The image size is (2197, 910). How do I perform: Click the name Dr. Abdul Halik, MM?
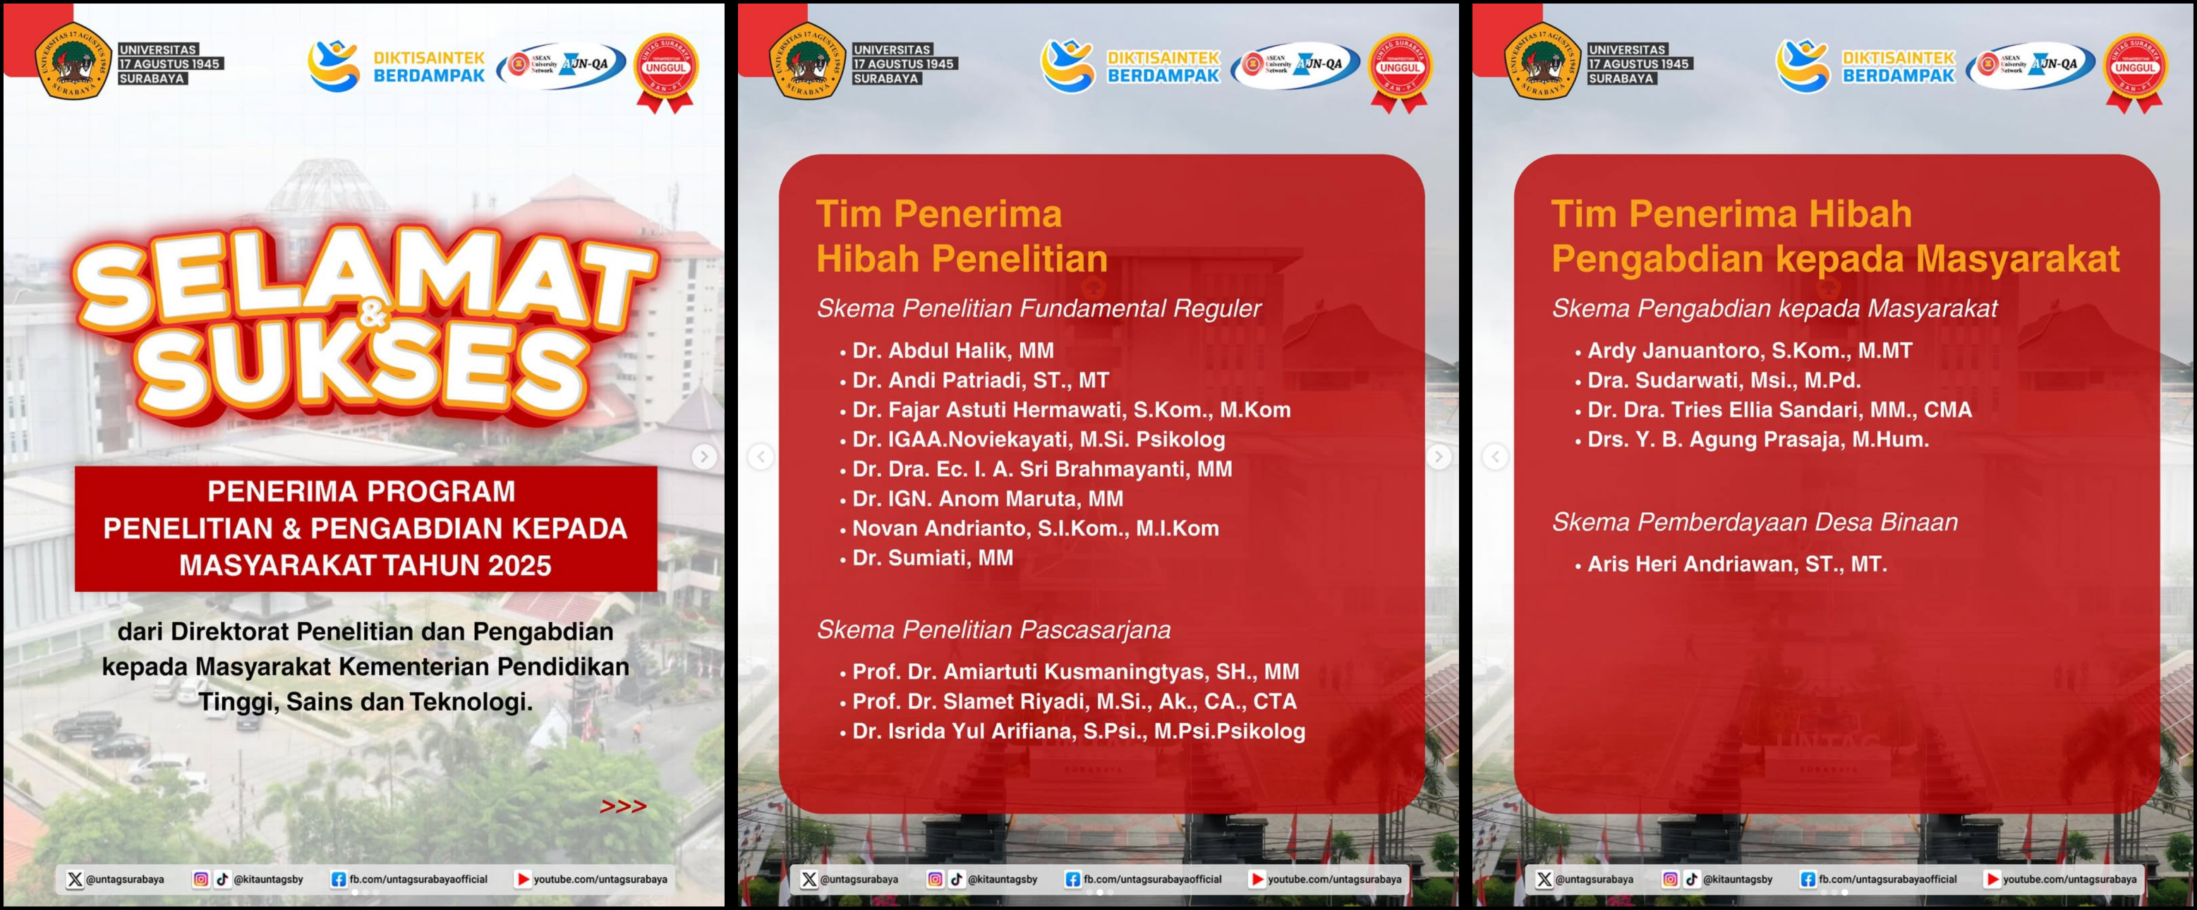tap(952, 351)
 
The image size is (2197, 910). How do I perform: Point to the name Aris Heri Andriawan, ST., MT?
tap(1736, 564)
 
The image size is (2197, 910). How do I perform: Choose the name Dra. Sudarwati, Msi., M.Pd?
tap(1723, 380)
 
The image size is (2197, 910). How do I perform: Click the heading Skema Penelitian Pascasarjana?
tap(993, 629)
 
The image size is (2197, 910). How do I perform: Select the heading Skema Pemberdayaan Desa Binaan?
tap(1755, 522)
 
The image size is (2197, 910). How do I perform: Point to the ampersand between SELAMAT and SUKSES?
tap(373, 317)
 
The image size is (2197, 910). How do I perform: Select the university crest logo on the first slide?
tap(73, 61)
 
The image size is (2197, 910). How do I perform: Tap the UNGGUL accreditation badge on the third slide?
tap(2135, 68)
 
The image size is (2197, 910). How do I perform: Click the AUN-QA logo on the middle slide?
tap(1295, 65)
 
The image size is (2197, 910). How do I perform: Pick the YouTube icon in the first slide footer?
tap(523, 879)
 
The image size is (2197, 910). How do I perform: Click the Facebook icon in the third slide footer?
tap(1808, 879)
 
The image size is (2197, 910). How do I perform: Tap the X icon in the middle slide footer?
tap(809, 879)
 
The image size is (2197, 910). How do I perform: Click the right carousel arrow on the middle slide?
tap(1439, 457)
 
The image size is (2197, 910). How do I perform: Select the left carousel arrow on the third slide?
tap(1495, 457)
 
